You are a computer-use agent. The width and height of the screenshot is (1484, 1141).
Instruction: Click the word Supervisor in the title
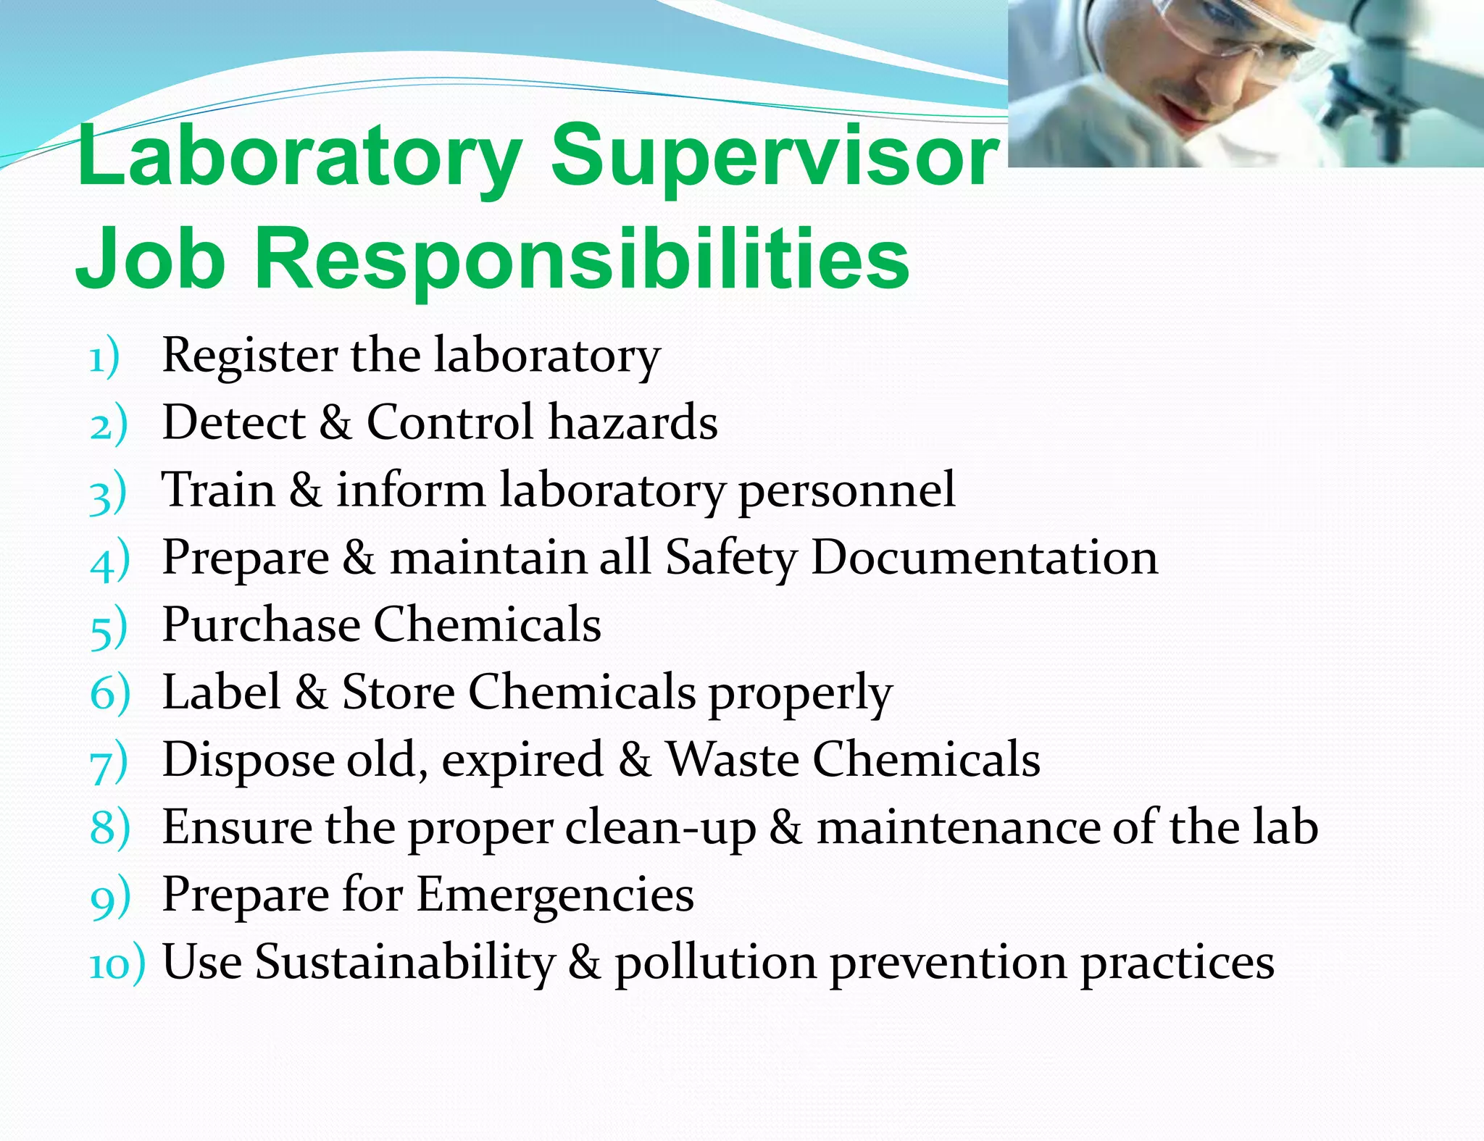[x=774, y=156]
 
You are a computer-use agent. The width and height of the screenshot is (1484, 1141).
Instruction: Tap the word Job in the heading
[x=150, y=259]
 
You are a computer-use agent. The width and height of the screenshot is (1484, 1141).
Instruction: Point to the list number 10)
[x=117, y=965]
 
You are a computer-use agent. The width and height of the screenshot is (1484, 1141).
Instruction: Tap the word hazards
[x=633, y=422]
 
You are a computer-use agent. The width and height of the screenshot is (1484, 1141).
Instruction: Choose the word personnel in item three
[x=846, y=491]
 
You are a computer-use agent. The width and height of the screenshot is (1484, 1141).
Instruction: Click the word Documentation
[x=984, y=557]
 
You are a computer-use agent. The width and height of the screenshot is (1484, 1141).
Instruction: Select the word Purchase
[x=261, y=624]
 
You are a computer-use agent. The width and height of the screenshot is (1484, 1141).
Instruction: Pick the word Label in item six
[x=221, y=692]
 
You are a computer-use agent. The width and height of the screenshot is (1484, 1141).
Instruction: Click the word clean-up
[x=660, y=828]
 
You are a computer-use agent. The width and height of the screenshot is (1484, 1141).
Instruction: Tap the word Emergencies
[x=555, y=895]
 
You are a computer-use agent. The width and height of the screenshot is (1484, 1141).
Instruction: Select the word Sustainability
[x=405, y=963]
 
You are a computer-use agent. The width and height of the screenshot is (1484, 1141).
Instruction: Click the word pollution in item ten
[x=715, y=964]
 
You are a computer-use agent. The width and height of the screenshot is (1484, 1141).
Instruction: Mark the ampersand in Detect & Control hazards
[x=335, y=422]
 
